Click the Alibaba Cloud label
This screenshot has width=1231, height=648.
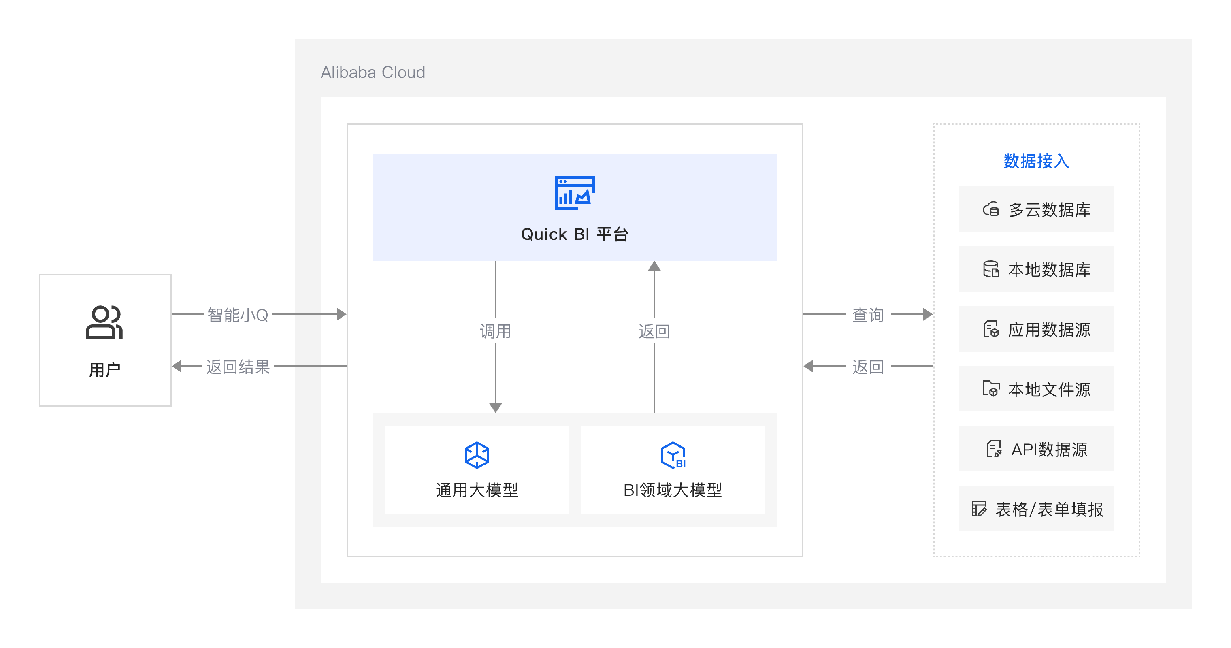tap(373, 72)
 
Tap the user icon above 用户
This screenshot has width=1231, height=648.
tap(104, 322)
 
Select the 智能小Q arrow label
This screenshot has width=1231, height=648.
tap(238, 315)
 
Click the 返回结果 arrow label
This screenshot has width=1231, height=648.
tap(238, 367)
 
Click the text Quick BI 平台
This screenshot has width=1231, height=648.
tap(575, 234)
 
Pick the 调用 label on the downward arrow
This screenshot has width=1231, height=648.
tap(495, 331)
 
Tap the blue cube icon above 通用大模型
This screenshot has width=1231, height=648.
tap(477, 454)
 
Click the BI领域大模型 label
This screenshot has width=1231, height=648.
tap(672, 490)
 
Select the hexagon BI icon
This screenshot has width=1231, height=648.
tap(673, 454)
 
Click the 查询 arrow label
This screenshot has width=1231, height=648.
tap(868, 315)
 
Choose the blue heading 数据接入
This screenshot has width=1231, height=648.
tap(1036, 161)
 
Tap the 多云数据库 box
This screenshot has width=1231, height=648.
tap(1036, 209)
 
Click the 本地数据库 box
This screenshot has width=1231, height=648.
tap(1036, 269)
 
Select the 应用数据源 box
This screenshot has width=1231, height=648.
tap(1036, 329)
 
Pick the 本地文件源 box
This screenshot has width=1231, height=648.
tap(1036, 389)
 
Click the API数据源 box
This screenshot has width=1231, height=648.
tap(1036, 449)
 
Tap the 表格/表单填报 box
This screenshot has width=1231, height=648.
tap(1036, 509)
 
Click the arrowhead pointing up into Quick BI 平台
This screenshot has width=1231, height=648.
tap(654, 266)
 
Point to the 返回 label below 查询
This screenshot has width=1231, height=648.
tap(868, 367)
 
